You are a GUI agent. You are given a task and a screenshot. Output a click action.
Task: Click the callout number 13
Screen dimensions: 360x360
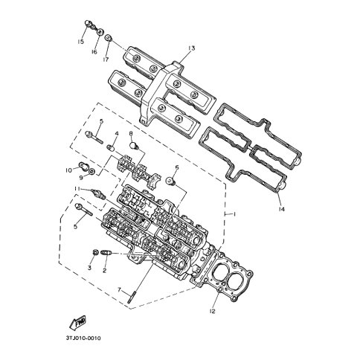point(191,48)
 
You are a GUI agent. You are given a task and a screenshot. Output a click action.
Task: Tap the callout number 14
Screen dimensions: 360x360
point(281,210)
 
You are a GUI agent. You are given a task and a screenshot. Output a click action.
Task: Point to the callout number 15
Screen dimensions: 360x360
point(80,42)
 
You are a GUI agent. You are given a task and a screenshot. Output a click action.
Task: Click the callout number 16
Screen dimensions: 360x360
point(94,52)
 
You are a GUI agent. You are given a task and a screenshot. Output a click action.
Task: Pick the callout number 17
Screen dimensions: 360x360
point(106,60)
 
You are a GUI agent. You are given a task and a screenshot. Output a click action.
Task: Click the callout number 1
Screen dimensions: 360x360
point(234,214)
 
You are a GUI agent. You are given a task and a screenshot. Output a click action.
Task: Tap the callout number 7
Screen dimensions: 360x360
point(119,289)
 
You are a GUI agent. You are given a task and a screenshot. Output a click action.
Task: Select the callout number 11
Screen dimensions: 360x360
point(77,189)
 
